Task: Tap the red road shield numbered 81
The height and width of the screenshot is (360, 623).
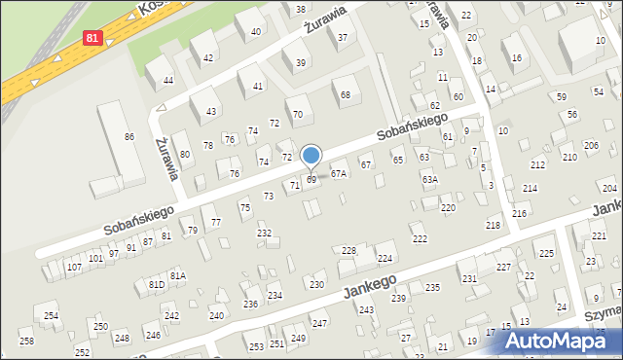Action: (92, 38)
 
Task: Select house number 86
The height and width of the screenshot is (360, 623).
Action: (128, 137)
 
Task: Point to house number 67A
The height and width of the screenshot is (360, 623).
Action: (338, 173)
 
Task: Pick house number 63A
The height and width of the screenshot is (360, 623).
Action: (429, 179)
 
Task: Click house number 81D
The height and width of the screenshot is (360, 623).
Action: (156, 284)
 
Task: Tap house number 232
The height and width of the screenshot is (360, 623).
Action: (264, 233)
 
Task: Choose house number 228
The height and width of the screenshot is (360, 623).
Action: (348, 250)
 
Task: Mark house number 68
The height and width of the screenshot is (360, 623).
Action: (346, 94)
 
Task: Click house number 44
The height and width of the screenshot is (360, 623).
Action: (168, 80)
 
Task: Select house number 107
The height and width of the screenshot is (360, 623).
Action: (74, 267)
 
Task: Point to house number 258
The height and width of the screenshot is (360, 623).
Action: (26, 340)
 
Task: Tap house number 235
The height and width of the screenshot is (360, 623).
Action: (432, 287)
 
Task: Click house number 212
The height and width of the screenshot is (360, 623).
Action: (537, 166)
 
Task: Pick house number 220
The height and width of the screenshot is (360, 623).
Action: (448, 208)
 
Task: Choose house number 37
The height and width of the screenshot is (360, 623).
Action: (342, 38)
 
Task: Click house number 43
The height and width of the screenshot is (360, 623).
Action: (211, 112)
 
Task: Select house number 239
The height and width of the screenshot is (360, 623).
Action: (398, 298)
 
